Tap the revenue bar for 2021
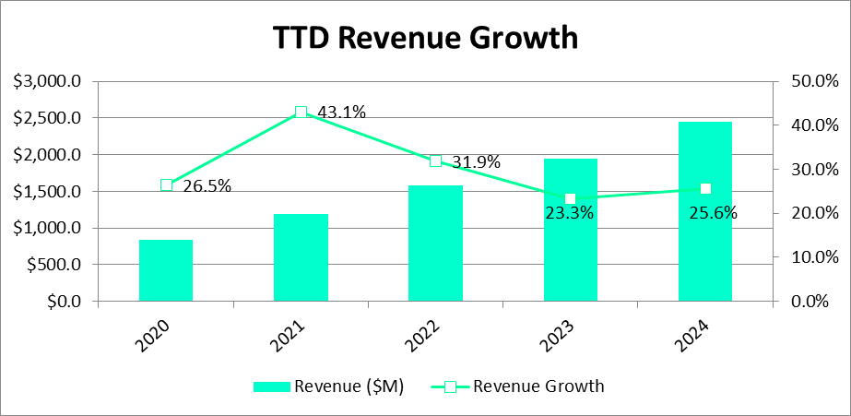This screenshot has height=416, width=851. [x=301, y=257]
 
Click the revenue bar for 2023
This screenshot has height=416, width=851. [x=570, y=230]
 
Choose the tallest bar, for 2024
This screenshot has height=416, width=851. [x=705, y=211]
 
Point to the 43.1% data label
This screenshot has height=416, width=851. [x=342, y=113]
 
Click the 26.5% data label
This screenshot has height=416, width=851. [x=207, y=185]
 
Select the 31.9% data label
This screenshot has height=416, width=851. [x=476, y=162]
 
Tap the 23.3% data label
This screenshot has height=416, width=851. [x=569, y=214]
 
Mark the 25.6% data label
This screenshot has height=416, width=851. [x=713, y=213]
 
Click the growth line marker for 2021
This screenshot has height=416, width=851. [x=301, y=113]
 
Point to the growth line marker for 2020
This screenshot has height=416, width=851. [x=166, y=185]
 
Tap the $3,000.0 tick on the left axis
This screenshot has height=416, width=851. [x=48, y=81]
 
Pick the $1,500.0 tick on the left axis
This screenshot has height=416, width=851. [x=48, y=192]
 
